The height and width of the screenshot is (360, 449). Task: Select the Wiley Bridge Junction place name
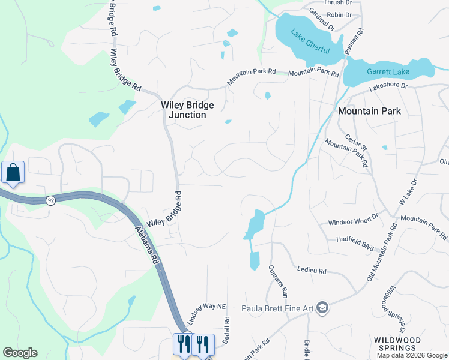click(187, 110)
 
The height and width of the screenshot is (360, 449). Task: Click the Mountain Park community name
click(369, 111)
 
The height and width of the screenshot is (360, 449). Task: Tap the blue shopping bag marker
click(13, 173)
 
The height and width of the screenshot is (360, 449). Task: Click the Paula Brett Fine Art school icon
click(324, 308)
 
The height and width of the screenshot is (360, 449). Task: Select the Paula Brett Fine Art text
click(277, 309)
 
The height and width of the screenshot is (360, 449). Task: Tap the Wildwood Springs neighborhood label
click(396, 344)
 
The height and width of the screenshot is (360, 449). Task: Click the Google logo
click(20, 353)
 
